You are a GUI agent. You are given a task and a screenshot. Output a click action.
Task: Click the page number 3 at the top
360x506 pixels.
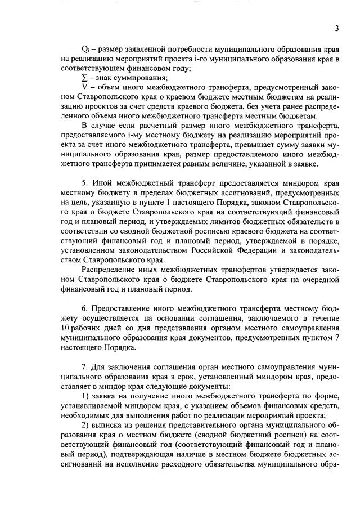coord(336,29)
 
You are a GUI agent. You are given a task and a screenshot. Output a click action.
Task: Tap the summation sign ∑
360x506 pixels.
coord(84,78)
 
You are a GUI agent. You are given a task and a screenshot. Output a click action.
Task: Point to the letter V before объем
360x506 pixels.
coord(84,87)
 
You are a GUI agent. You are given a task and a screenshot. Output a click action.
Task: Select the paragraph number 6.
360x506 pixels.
coord(84,308)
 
